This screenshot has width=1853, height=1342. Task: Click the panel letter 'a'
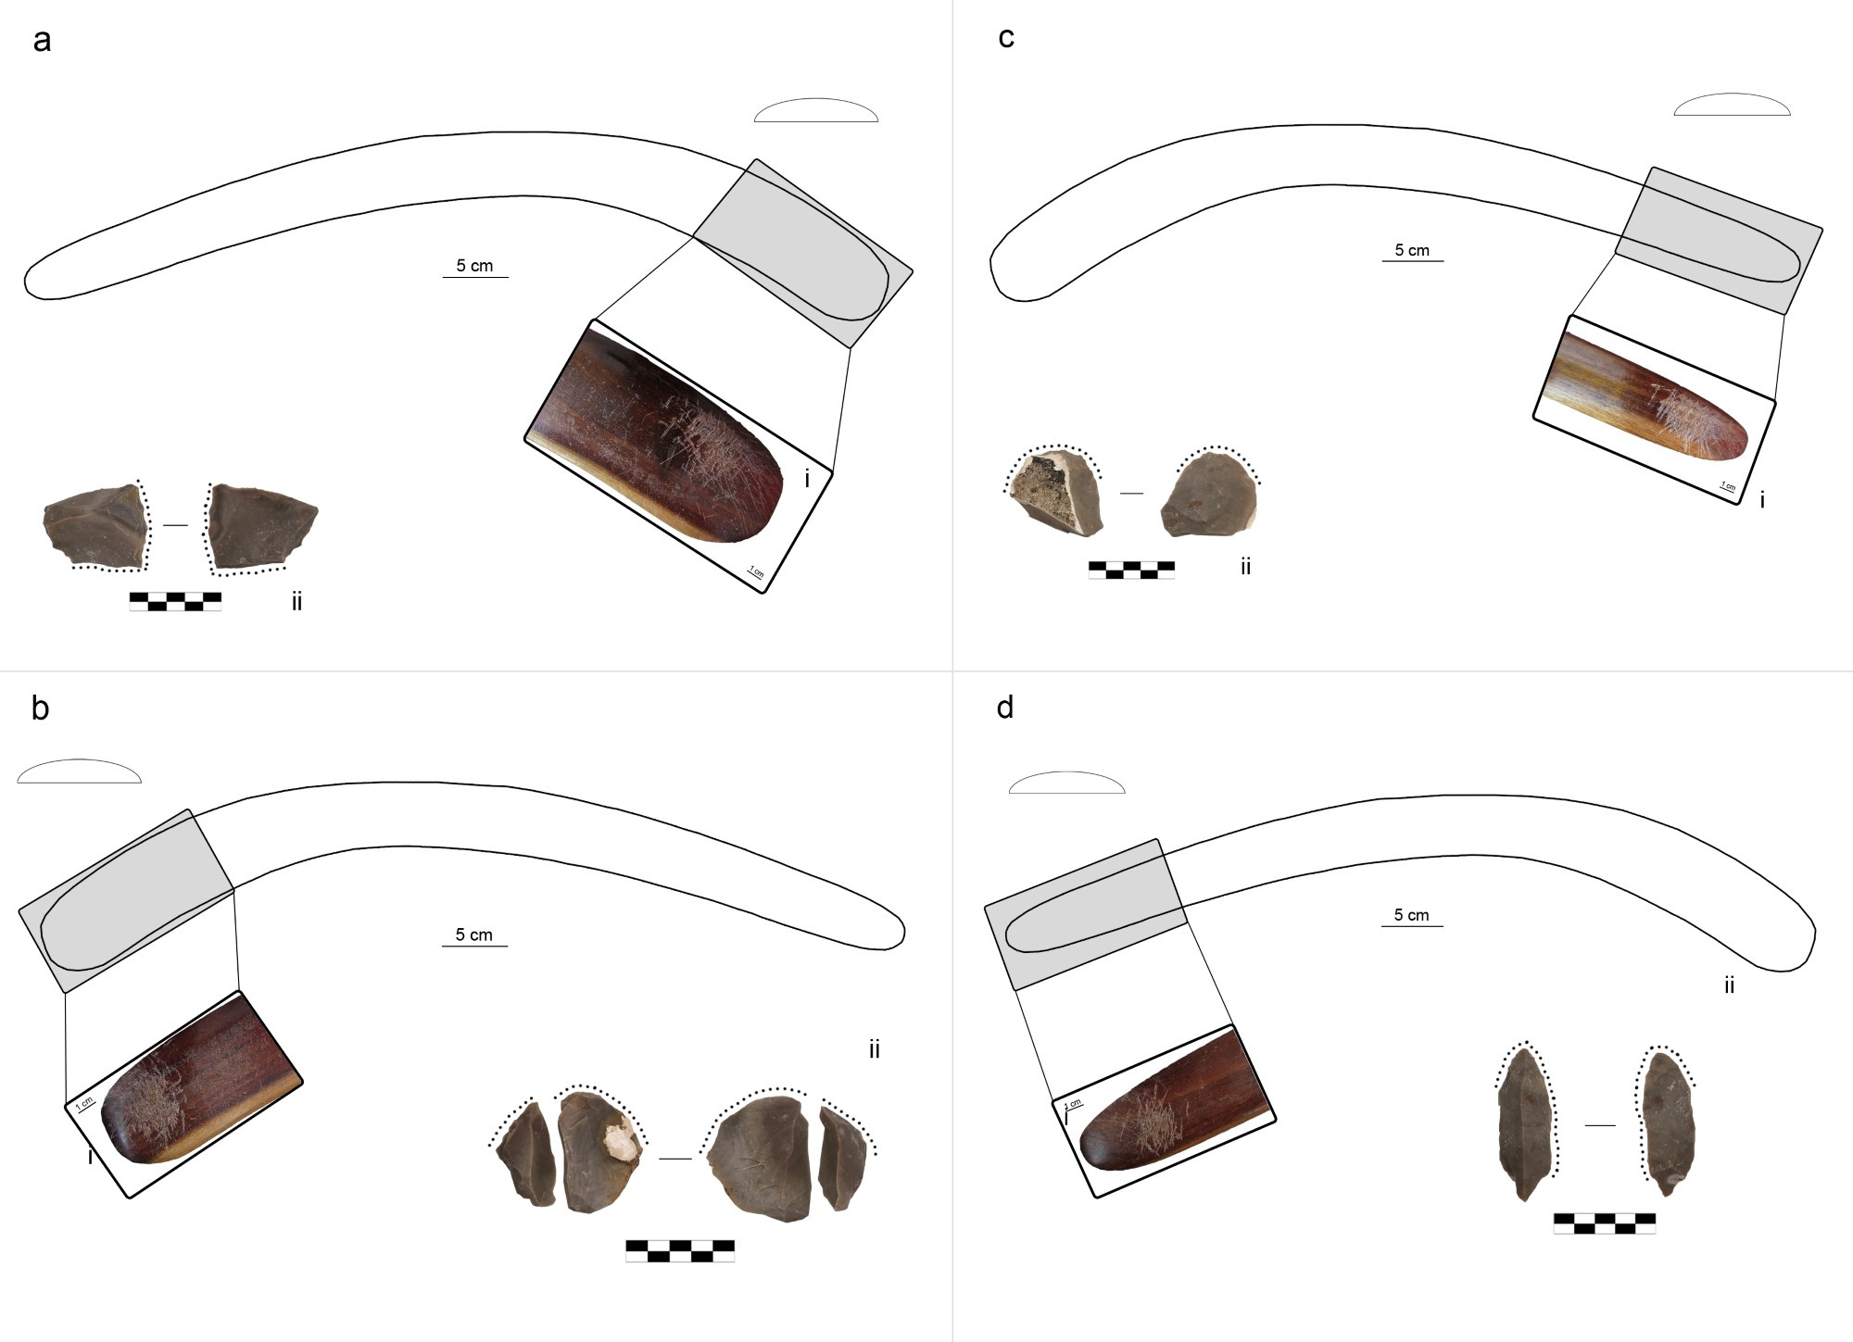42,42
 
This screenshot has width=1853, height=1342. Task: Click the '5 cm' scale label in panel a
474,266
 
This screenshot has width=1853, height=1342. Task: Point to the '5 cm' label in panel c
1412,250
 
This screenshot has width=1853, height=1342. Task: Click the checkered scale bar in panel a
175,602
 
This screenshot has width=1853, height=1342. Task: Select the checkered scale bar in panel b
680,1251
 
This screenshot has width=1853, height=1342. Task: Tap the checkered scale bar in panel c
1131,570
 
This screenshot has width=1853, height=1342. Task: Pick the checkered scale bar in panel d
1605,1223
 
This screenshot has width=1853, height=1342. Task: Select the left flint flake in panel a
95,526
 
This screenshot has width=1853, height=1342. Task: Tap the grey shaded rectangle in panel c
1719,240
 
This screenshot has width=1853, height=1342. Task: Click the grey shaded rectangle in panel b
126,901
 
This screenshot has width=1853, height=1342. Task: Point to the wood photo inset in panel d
1164,1111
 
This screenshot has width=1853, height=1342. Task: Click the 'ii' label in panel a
296,602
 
